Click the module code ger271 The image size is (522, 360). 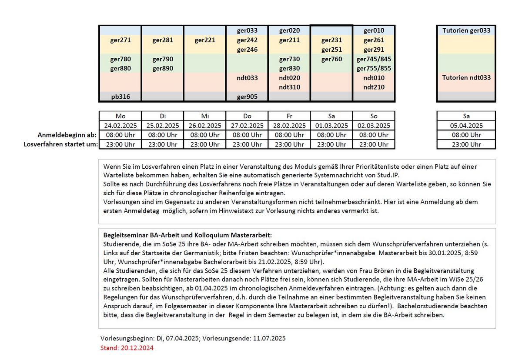(x=120, y=40)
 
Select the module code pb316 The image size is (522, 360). (x=120, y=97)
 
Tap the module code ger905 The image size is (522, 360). (x=247, y=97)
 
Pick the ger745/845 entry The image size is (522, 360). (x=374, y=59)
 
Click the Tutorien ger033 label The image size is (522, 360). (x=466, y=31)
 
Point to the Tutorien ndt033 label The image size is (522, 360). (x=466, y=78)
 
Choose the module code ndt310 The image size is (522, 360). (x=289, y=87)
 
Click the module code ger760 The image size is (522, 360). (x=331, y=59)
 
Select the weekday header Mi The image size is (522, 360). (x=205, y=116)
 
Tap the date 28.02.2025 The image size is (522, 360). (x=289, y=126)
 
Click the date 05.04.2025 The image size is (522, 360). (x=466, y=126)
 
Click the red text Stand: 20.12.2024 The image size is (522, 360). (x=127, y=348)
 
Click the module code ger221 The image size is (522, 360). (x=205, y=40)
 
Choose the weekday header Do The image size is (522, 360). (x=247, y=116)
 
